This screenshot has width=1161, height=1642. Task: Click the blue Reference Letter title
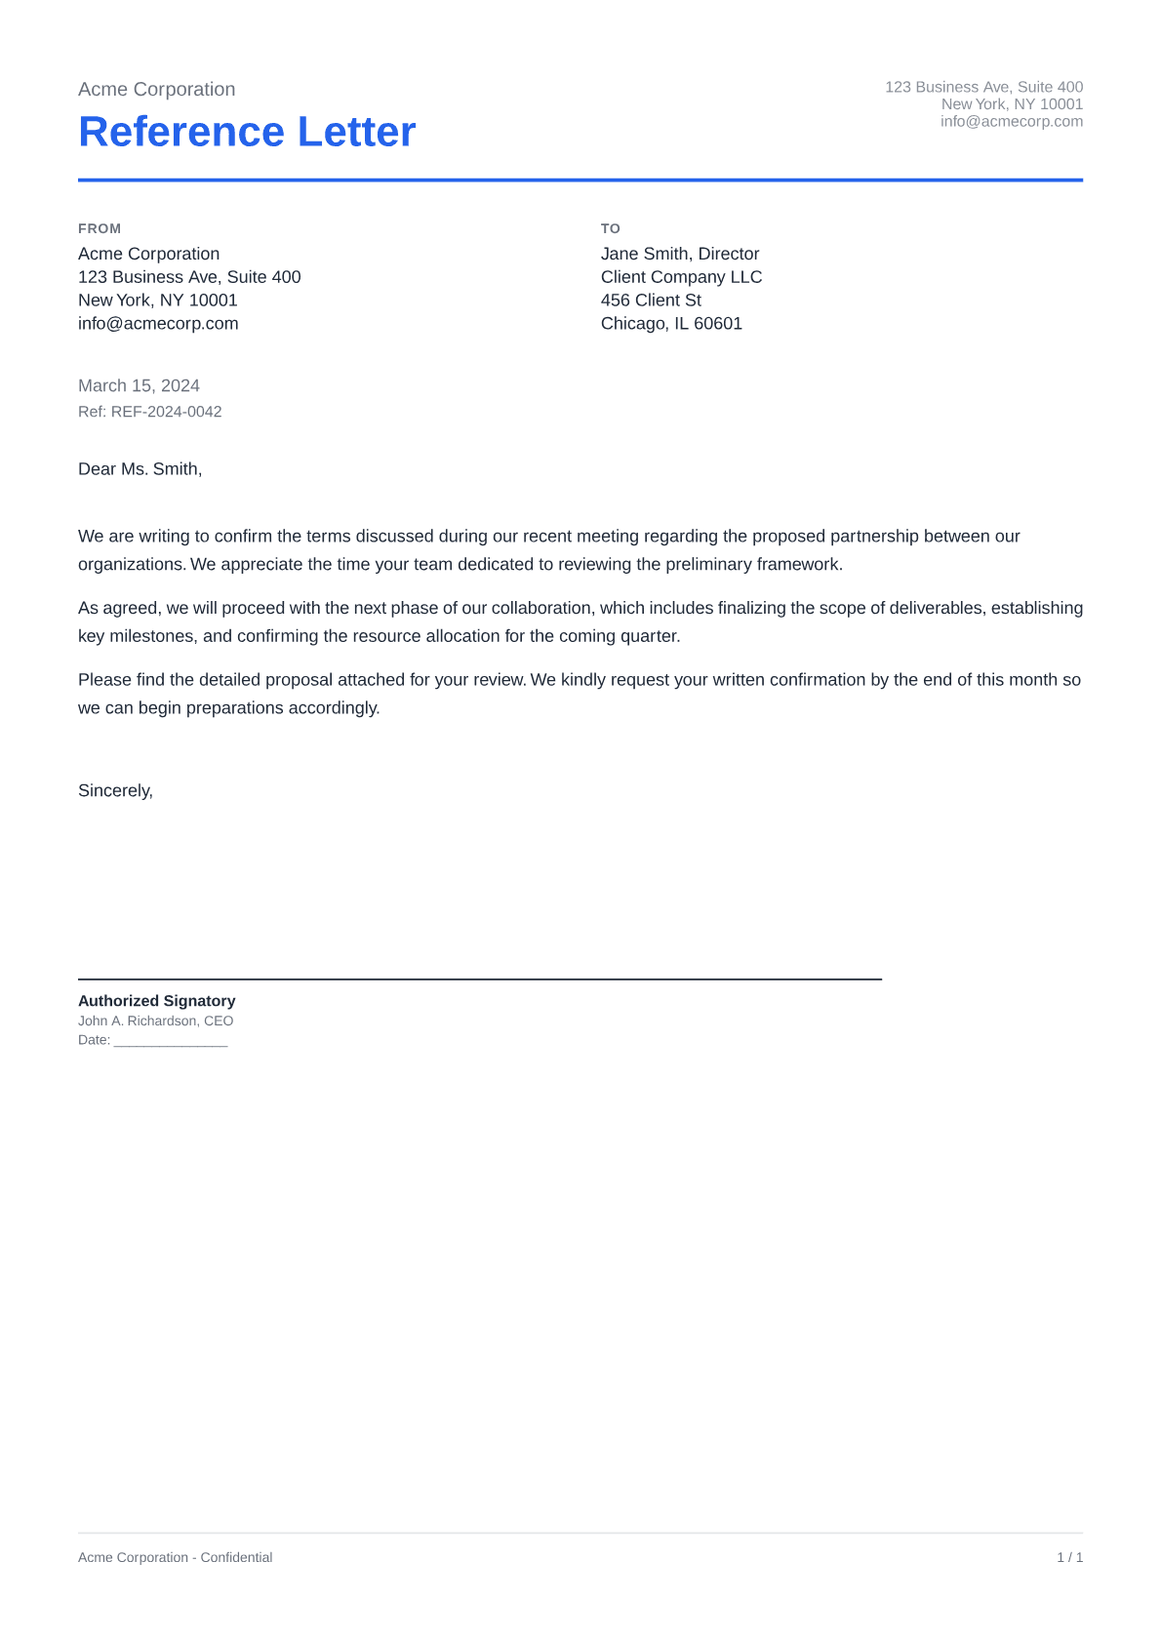(x=247, y=132)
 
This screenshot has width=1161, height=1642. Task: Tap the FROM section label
(x=100, y=228)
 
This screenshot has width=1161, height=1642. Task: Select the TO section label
(x=611, y=228)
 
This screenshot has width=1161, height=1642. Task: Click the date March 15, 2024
(x=139, y=385)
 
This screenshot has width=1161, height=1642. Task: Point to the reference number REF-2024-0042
(x=166, y=412)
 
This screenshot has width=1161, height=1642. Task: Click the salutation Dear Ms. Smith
(x=140, y=469)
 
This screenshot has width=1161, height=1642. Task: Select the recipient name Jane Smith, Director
(x=680, y=254)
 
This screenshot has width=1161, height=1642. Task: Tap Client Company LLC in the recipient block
(x=681, y=277)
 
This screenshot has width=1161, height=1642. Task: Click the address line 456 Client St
(x=651, y=300)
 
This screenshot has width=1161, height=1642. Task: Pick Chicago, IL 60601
(x=671, y=324)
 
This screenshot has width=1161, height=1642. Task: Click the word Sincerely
(x=115, y=790)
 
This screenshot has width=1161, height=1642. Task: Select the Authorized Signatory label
(x=156, y=1001)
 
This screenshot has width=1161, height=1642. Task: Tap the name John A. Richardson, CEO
(x=155, y=1021)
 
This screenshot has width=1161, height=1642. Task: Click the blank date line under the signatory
(x=171, y=1041)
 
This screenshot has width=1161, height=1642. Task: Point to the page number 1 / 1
(x=1069, y=1558)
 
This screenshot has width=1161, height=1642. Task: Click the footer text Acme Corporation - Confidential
(x=175, y=1558)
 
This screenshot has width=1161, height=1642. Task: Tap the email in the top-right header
(x=1011, y=122)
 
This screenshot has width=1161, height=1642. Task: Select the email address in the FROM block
(x=158, y=324)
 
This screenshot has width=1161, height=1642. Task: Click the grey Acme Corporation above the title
(x=156, y=90)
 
